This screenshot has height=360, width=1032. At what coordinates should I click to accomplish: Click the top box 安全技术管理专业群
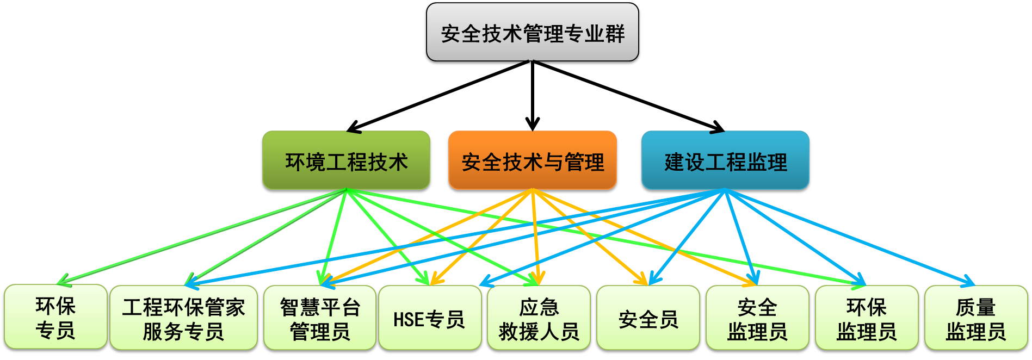[532, 34]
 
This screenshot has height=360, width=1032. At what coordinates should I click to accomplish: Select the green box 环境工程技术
[346, 162]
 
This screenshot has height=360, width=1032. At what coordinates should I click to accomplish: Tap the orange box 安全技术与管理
[532, 162]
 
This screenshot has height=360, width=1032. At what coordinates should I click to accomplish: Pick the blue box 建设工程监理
[725, 162]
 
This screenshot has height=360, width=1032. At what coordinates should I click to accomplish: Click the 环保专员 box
[55, 318]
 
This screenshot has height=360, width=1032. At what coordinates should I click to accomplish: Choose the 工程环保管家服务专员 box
[183, 319]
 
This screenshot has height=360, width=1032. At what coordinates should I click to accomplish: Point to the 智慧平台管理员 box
[320, 319]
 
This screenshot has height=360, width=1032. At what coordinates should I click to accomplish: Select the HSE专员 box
[429, 319]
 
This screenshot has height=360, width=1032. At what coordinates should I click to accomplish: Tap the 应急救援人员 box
[539, 319]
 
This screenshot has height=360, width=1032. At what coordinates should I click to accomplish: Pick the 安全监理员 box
[757, 319]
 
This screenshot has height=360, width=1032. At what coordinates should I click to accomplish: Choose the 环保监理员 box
[866, 319]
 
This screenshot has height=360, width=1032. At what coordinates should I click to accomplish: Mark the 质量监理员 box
[975, 319]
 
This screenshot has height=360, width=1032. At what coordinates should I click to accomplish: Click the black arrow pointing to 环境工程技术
[435, 98]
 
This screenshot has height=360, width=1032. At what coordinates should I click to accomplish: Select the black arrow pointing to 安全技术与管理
[532, 98]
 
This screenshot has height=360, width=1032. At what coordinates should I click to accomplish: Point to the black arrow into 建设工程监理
[631, 98]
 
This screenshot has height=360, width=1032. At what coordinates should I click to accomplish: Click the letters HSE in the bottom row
[408, 319]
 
